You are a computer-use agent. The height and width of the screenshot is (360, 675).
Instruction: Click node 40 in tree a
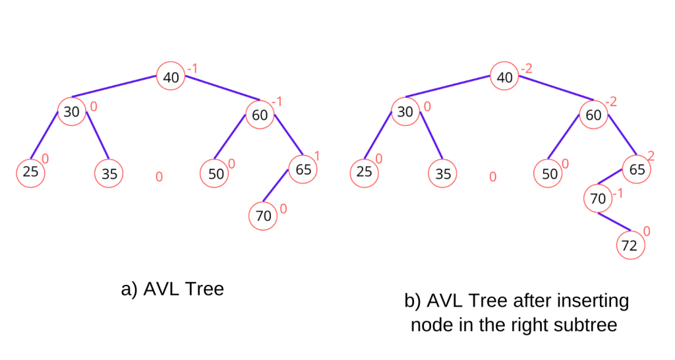tap(171, 77)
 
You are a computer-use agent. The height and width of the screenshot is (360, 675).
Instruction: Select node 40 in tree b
tap(505, 77)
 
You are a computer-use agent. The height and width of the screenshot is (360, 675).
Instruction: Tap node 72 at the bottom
tap(630, 246)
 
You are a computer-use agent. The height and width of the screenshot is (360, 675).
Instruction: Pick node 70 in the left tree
tap(263, 216)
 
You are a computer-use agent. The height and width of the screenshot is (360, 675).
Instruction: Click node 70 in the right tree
tap(598, 198)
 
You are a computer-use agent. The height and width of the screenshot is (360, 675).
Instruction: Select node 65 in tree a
tap(303, 169)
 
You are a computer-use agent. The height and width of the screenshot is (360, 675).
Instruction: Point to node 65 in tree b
tap(637, 169)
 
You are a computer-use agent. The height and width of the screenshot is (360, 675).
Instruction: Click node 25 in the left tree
tap(30, 173)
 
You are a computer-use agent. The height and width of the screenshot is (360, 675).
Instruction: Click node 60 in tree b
tap(593, 115)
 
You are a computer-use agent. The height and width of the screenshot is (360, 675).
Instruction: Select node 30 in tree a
tap(71, 111)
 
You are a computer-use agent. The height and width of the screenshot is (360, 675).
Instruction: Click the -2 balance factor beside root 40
tap(526, 69)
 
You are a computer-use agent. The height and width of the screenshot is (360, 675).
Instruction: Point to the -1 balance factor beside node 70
tap(617, 193)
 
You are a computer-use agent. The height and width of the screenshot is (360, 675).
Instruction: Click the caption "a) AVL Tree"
tap(173, 289)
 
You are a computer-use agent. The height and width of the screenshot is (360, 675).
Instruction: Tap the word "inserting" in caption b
tap(595, 301)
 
